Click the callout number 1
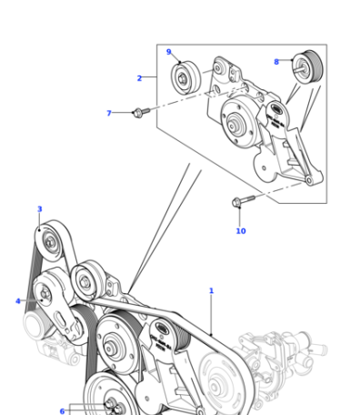[211, 290]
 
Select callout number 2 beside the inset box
[139, 78]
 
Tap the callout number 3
[40, 209]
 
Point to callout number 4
[18, 301]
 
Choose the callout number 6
[62, 411]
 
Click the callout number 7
[109, 113]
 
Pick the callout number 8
[276, 62]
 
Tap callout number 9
[169, 52]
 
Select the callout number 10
[241, 231]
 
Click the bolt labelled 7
[142, 112]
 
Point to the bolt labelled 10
[243, 201]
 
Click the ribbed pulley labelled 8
[308, 66]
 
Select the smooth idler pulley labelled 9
[185, 78]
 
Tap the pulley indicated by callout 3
[50, 242]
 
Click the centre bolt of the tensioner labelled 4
[45, 294]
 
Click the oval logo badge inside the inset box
[276, 108]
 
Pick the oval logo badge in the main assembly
[162, 328]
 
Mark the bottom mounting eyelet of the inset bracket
[308, 180]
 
